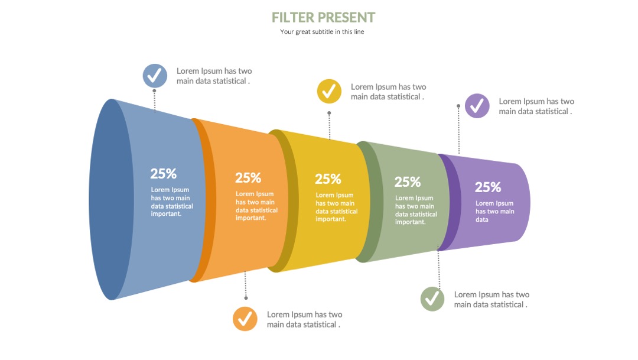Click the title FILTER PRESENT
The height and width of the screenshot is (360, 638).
324,18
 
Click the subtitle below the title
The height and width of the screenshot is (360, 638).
322,32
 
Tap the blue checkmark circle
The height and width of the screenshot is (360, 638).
155,76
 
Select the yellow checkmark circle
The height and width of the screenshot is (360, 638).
329,91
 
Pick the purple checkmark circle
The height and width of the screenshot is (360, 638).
477,106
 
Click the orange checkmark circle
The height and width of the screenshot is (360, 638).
245,319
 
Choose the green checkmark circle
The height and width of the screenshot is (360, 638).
432,299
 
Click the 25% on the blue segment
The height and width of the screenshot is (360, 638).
164,174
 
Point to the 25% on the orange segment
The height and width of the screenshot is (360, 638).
248,178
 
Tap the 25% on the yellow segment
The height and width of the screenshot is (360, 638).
328,179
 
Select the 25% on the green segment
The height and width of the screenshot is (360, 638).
407,182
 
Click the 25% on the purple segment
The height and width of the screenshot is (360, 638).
488,187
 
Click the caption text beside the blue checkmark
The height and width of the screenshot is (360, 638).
214,76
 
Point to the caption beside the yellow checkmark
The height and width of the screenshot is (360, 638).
389,92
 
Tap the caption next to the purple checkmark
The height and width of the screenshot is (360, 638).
536,106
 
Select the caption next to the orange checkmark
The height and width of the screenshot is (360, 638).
304,320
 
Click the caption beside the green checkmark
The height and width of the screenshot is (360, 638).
491,300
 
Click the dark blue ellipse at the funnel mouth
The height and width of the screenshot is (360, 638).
111,200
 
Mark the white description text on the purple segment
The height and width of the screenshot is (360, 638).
495,212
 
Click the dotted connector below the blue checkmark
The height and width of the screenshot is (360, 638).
155,100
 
